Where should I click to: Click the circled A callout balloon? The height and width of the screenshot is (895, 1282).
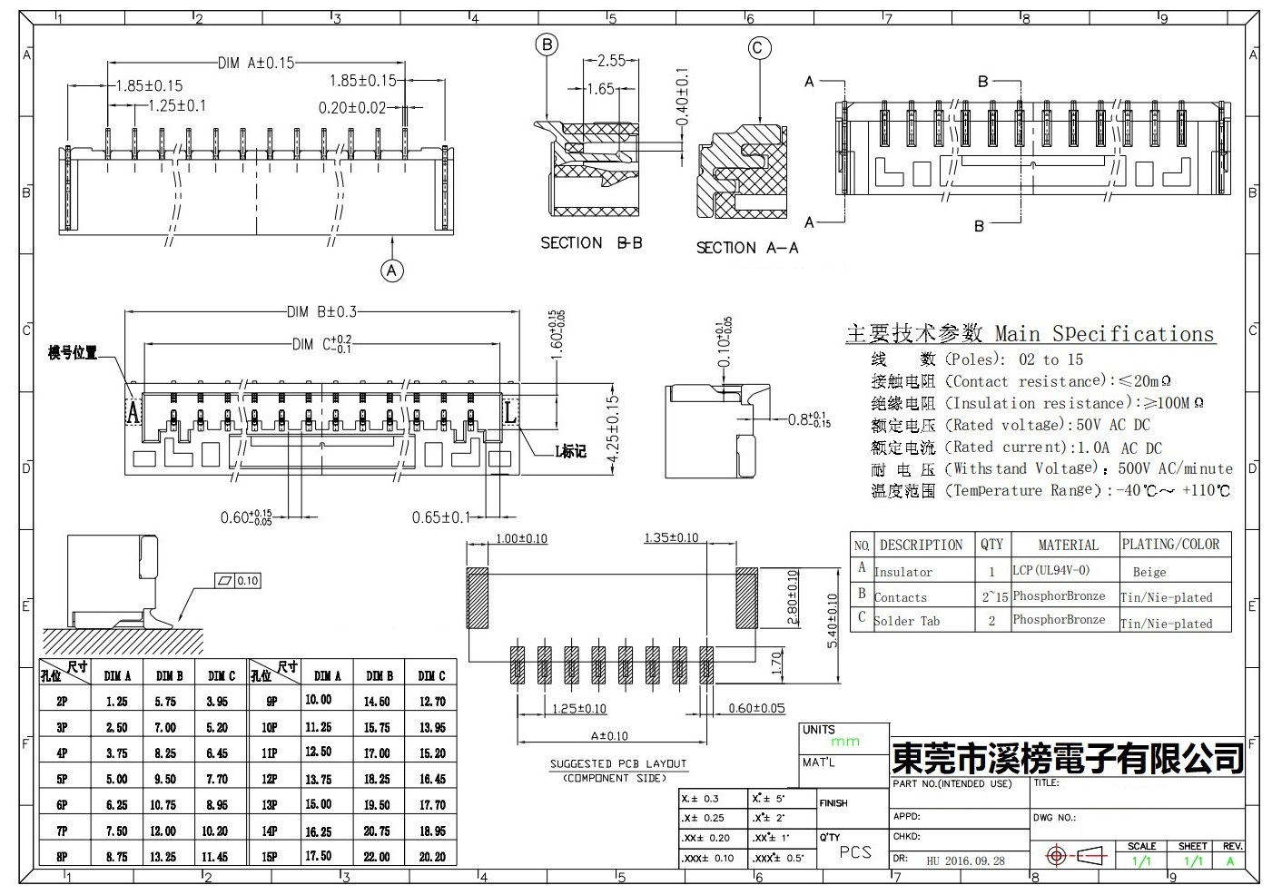click(x=392, y=270)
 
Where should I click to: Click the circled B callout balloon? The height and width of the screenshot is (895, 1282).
click(x=546, y=44)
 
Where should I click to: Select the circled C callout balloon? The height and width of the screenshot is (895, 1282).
click(x=759, y=49)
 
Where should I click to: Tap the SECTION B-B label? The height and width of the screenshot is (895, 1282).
click(x=591, y=243)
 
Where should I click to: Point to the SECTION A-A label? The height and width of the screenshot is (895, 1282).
click(x=747, y=248)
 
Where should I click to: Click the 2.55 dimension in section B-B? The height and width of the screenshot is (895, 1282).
click(x=611, y=61)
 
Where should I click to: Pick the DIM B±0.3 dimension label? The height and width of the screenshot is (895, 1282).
click(x=321, y=312)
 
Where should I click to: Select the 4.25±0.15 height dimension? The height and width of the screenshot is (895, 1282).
click(x=613, y=429)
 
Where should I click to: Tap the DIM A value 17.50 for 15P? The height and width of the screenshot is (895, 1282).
click(x=318, y=856)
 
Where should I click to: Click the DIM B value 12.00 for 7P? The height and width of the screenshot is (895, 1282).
click(x=169, y=831)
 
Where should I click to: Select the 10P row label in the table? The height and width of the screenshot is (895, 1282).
click(x=270, y=727)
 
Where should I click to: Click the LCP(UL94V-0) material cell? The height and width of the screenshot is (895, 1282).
click(x=1050, y=571)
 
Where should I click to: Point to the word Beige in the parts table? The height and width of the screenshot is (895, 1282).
click(x=1149, y=573)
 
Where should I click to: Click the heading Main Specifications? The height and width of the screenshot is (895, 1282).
click(x=1103, y=334)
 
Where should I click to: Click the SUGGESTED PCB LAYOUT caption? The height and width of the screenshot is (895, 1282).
click(x=618, y=764)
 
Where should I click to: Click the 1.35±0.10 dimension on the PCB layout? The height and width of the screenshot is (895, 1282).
click(x=671, y=538)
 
